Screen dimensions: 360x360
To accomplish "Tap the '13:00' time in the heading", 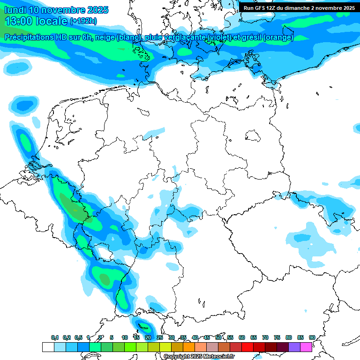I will (19, 21).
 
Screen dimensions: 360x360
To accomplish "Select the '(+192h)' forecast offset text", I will (83, 21).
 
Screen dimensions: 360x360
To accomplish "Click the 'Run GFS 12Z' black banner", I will (299, 7).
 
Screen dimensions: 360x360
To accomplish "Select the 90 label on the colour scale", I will (312, 337).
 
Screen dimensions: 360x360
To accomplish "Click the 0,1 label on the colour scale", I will (54, 337).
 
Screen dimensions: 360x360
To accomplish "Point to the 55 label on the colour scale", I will (230, 337).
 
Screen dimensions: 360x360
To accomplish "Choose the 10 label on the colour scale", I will (125, 337).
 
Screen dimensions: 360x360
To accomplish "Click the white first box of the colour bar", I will (48, 347).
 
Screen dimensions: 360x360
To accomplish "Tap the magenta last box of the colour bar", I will (306, 347).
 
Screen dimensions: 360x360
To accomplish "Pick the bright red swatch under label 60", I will (247, 347).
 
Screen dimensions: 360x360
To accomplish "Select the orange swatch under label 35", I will (189, 347).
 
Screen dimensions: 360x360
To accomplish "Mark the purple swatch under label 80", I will (294, 347).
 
